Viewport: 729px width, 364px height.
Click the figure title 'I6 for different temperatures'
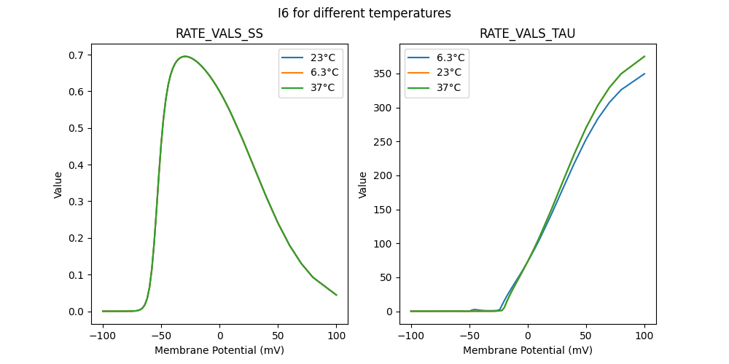click(x=364, y=13)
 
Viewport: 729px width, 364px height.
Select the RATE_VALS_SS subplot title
click(x=219, y=34)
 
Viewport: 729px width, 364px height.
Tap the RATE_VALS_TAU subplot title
click(x=527, y=34)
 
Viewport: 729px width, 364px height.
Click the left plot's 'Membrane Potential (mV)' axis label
click(x=219, y=350)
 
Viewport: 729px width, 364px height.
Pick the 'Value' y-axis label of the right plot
click(x=362, y=184)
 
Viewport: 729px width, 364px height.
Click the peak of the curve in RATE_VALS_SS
click(x=184, y=56)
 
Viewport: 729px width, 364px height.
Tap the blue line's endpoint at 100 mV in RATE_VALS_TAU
click(x=644, y=74)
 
